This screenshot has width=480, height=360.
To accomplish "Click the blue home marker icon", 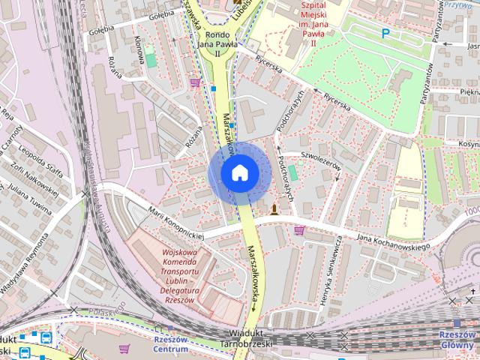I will coord(238,172).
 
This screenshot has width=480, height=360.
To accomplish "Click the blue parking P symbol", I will coord(385,33).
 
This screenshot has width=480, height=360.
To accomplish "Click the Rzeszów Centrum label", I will coord(169,344).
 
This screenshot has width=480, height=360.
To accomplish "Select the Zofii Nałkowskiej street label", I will coord(38,168).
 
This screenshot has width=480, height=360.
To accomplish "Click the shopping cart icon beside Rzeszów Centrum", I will coord(124,348).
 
